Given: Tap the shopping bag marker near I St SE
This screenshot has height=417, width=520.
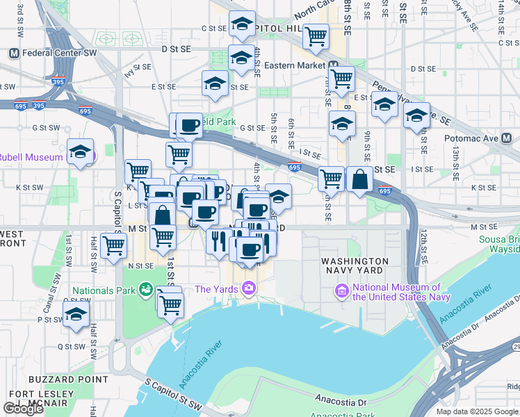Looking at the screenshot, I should click(361, 179).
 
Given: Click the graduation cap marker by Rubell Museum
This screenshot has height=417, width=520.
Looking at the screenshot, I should click(81, 152).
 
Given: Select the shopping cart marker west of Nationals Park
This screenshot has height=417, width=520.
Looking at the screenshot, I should click(113, 245).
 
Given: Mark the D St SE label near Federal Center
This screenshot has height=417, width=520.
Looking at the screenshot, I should click(175, 50).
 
